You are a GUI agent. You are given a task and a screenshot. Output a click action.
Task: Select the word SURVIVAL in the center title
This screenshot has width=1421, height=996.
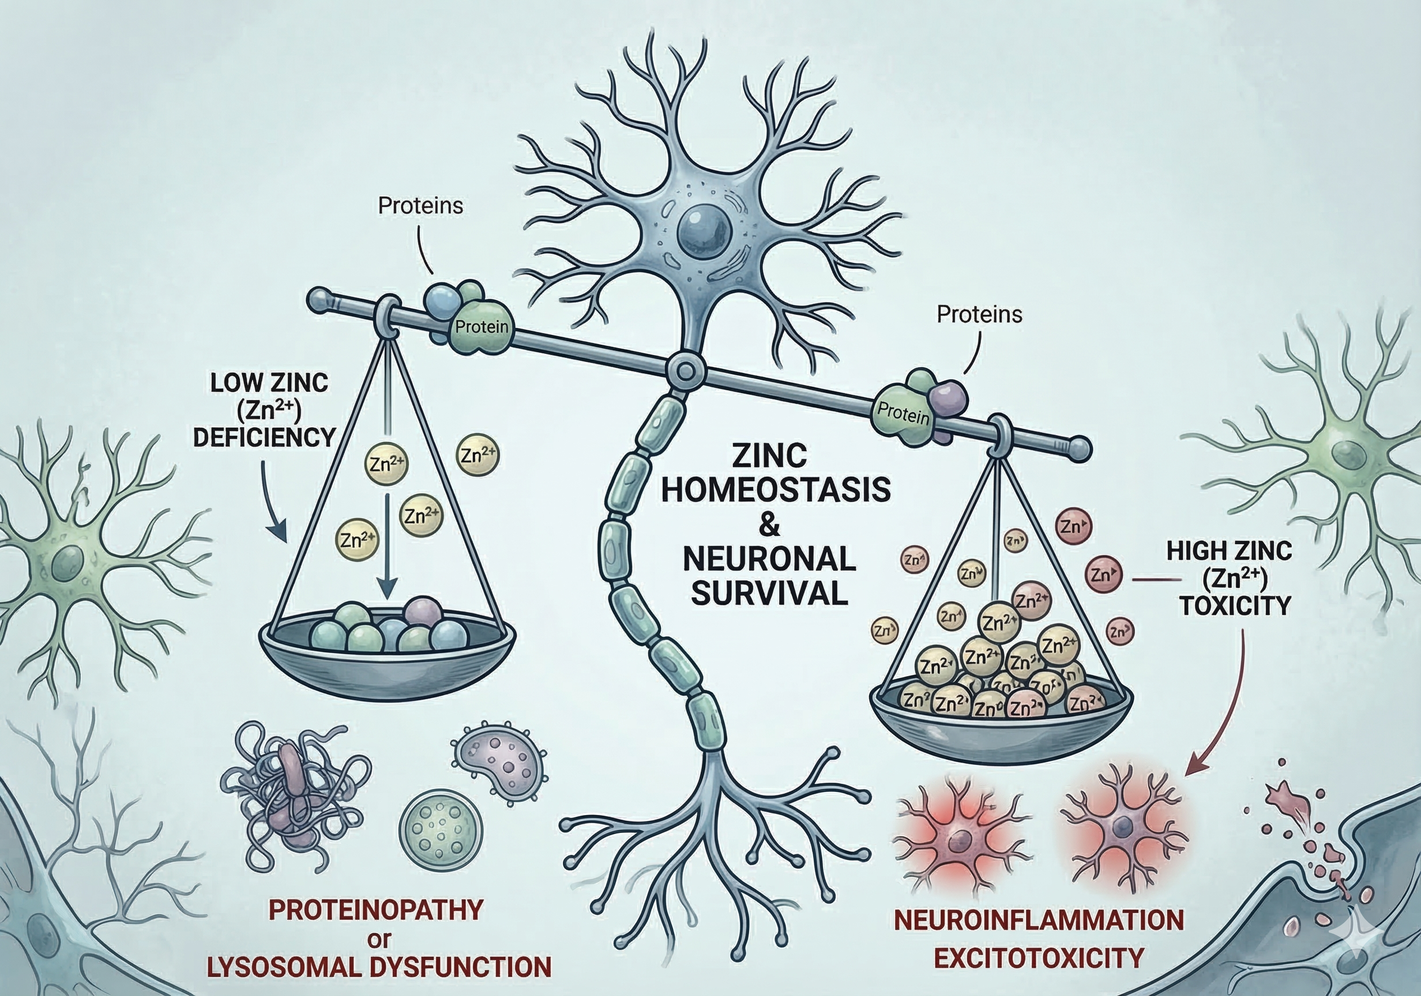pyautogui.click(x=769, y=594)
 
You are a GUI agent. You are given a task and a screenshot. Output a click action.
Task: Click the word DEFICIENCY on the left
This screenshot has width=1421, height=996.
pyautogui.click(x=264, y=437)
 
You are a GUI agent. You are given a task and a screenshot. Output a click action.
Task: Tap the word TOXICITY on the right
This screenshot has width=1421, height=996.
pyautogui.click(x=1235, y=606)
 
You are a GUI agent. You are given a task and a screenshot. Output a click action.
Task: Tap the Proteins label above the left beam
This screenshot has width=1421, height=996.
pyautogui.click(x=421, y=206)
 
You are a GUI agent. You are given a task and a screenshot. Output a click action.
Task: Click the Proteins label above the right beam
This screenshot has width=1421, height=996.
pyautogui.click(x=979, y=315)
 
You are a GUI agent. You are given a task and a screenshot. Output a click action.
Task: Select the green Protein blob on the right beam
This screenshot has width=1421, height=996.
pyautogui.click(x=903, y=413)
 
